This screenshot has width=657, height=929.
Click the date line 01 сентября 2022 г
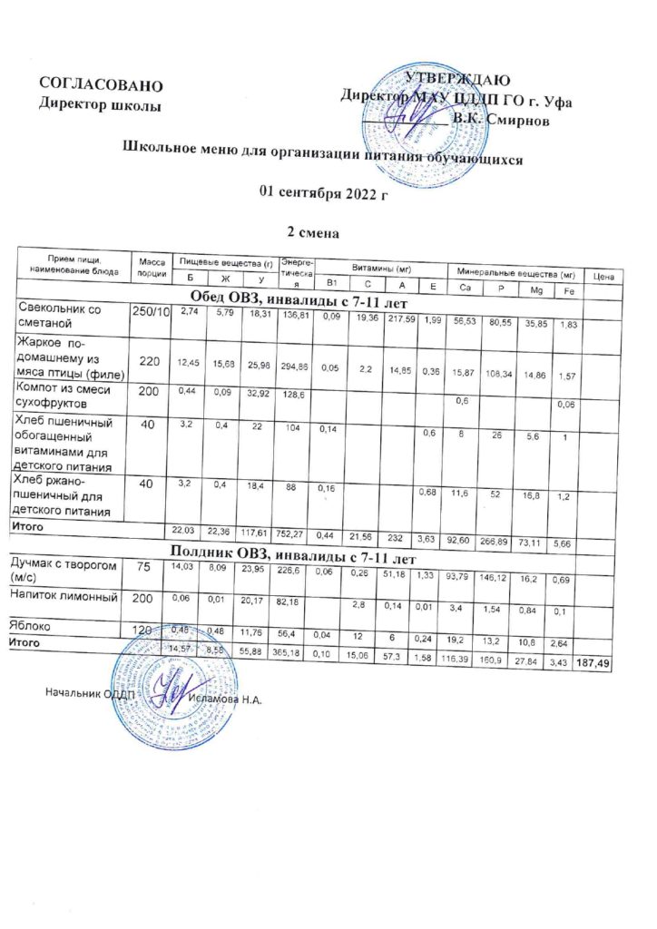pyautogui.click(x=323, y=192)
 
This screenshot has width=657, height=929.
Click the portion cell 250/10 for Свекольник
pyautogui.click(x=151, y=313)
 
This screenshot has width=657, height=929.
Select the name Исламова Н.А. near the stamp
pyautogui.click(x=226, y=698)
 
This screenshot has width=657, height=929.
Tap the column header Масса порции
pyautogui.click(x=151, y=268)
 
